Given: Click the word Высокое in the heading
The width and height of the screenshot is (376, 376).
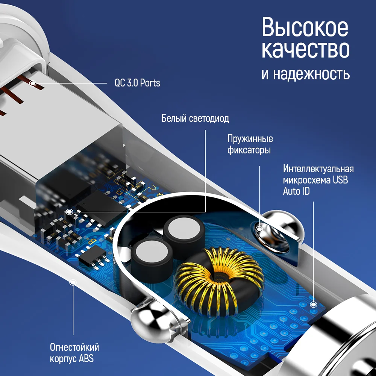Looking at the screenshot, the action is pos(305,27).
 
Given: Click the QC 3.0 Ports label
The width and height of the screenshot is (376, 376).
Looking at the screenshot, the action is pos(137,83).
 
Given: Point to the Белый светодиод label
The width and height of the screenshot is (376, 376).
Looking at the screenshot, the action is pos(195,118).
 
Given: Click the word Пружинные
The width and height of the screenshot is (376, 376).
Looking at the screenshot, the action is pos(250,139).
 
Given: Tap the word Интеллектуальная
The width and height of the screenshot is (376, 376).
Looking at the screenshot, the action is pos(318,169).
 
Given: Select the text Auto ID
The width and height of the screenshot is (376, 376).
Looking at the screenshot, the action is pos(296,191).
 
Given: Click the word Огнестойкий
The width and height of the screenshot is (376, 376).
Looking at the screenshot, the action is pos(74,347).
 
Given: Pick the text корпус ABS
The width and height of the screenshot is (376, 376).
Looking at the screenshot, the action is pos(72,359).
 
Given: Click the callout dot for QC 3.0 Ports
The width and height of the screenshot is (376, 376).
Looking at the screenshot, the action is pos(33,83).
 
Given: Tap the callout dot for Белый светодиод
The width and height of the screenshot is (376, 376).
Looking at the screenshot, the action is pos(70,212).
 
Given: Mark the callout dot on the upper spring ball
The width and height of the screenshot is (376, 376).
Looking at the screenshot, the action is pos(259,229).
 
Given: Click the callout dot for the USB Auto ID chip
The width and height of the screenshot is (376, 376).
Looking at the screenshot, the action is pos(313,305).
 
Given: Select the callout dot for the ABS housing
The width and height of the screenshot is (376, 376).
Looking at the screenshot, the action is pos(73,282).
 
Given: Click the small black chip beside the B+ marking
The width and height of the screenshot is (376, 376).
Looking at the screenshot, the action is pos(92,255).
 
